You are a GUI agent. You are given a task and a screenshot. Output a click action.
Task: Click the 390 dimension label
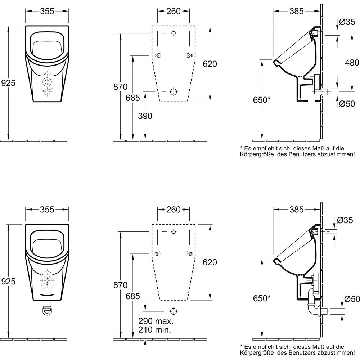(145, 116)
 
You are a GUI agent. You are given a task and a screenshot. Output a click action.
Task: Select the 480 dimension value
(352, 62)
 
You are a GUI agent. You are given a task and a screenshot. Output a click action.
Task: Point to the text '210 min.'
(155, 329)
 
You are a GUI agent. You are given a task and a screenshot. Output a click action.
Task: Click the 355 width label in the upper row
(47, 11)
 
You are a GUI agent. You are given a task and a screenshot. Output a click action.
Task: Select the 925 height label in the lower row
(8, 282)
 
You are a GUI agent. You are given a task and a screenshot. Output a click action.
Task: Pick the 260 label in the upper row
(173, 11)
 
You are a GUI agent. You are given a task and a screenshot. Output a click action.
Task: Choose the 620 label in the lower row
(210, 262)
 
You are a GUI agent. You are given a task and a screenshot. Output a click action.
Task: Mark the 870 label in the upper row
(120, 86)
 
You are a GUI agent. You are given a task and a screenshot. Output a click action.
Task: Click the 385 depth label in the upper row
(297, 11)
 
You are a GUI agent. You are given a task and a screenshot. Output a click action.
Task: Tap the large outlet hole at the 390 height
(173, 91)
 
